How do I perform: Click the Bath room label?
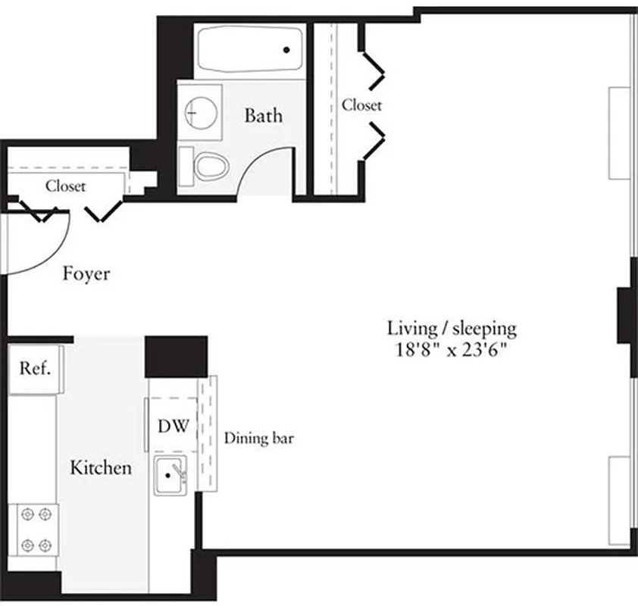(264, 116)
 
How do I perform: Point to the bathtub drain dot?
(286, 51)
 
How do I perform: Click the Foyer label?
(86, 273)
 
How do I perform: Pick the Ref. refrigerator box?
(35, 369)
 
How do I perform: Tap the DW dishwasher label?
(173, 426)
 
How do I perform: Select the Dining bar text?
(259, 439)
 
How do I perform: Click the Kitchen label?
(100, 467)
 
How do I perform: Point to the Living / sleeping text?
(452, 329)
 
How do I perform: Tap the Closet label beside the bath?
(361, 105)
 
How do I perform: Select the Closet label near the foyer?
(65, 186)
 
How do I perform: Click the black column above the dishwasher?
(176, 356)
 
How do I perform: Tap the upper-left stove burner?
(28, 514)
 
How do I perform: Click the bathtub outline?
(249, 48)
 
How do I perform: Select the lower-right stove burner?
(45, 543)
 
